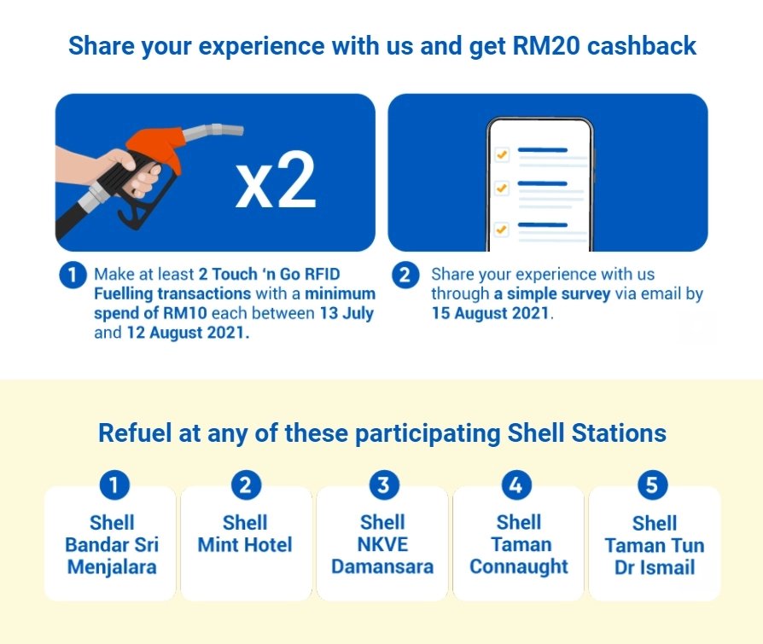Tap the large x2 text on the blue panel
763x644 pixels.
point(275,182)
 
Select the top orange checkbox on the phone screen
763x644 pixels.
point(502,154)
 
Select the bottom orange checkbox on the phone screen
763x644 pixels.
point(502,229)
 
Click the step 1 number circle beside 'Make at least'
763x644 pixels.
point(72,276)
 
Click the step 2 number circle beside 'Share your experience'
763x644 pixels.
point(405,276)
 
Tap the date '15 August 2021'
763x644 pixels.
point(492,313)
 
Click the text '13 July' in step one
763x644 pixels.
point(346,313)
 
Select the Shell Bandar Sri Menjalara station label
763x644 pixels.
point(112,544)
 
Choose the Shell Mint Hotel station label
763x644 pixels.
point(245,534)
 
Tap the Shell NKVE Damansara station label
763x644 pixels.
point(382,544)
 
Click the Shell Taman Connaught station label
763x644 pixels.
point(518,544)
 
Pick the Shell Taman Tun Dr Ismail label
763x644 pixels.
point(655,545)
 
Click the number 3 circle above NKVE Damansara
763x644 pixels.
point(383,485)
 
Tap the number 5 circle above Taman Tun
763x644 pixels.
point(653,485)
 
